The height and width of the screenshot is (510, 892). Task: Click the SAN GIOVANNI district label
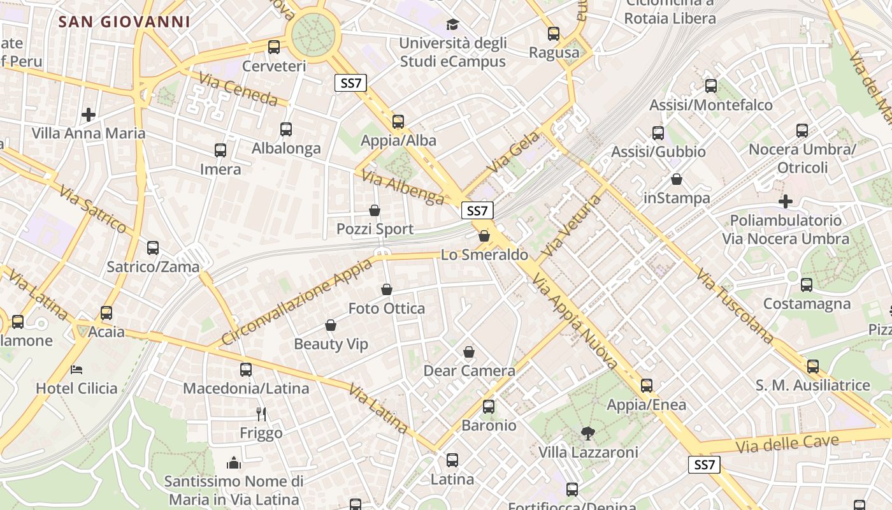click(x=124, y=22)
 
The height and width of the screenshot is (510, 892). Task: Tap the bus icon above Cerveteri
click(x=274, y=47)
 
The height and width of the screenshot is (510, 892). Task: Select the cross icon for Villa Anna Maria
click(x=89, y=115)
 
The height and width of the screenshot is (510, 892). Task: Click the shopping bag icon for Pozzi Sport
click(x=375, y=210)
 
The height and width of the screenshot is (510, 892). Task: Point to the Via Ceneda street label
click(x=238, y=89)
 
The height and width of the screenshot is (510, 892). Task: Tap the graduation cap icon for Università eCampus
click(x=452, y=24)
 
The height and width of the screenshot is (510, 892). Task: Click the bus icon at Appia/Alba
click(x=398, y=121)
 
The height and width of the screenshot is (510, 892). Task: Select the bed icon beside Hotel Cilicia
click(x=76, y=369)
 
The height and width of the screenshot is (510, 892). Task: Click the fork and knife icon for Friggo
click(x=261, y=414)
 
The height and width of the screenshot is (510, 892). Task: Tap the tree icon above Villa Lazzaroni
click(x=587, y=433)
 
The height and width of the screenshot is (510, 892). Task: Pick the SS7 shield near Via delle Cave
click(x=704, y=465)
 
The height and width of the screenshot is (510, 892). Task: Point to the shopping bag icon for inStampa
click(x=677, y=179)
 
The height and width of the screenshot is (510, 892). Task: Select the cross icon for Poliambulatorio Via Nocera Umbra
click(x=786, y=201)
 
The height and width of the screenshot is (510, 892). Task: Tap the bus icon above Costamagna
click(x=807, y=285)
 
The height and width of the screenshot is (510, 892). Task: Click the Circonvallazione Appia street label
click(x=297, y=302)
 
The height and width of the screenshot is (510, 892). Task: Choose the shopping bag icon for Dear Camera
click(x=469, y=352)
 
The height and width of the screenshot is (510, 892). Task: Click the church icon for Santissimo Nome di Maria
click(x=234, y=462)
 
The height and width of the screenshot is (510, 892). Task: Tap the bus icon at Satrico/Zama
click(x=153, y=248)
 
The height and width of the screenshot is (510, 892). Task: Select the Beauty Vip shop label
click(x=331, y=344)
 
